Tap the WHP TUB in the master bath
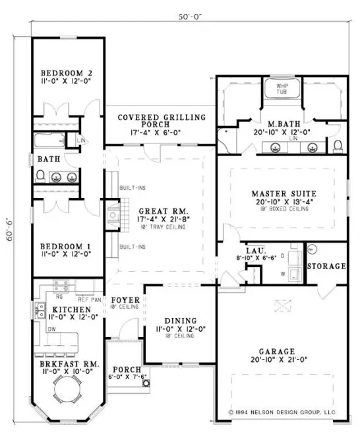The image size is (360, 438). tap(282, 90)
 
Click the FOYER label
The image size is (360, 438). tap(124, 299)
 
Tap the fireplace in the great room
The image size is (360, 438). tap(112, 214)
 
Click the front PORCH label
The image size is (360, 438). tap(124, 369)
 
